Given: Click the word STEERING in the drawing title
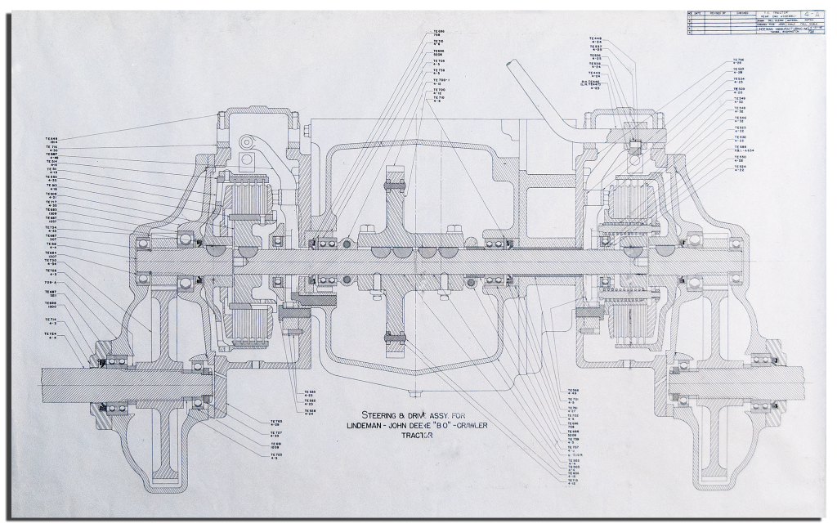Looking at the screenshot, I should coord(381,415).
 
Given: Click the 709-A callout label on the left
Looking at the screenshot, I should coord(50,283).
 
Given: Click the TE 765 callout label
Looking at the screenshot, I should coord(275,423).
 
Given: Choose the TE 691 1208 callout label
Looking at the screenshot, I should coord(275,446).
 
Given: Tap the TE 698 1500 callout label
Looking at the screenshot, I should coord(50,305).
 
